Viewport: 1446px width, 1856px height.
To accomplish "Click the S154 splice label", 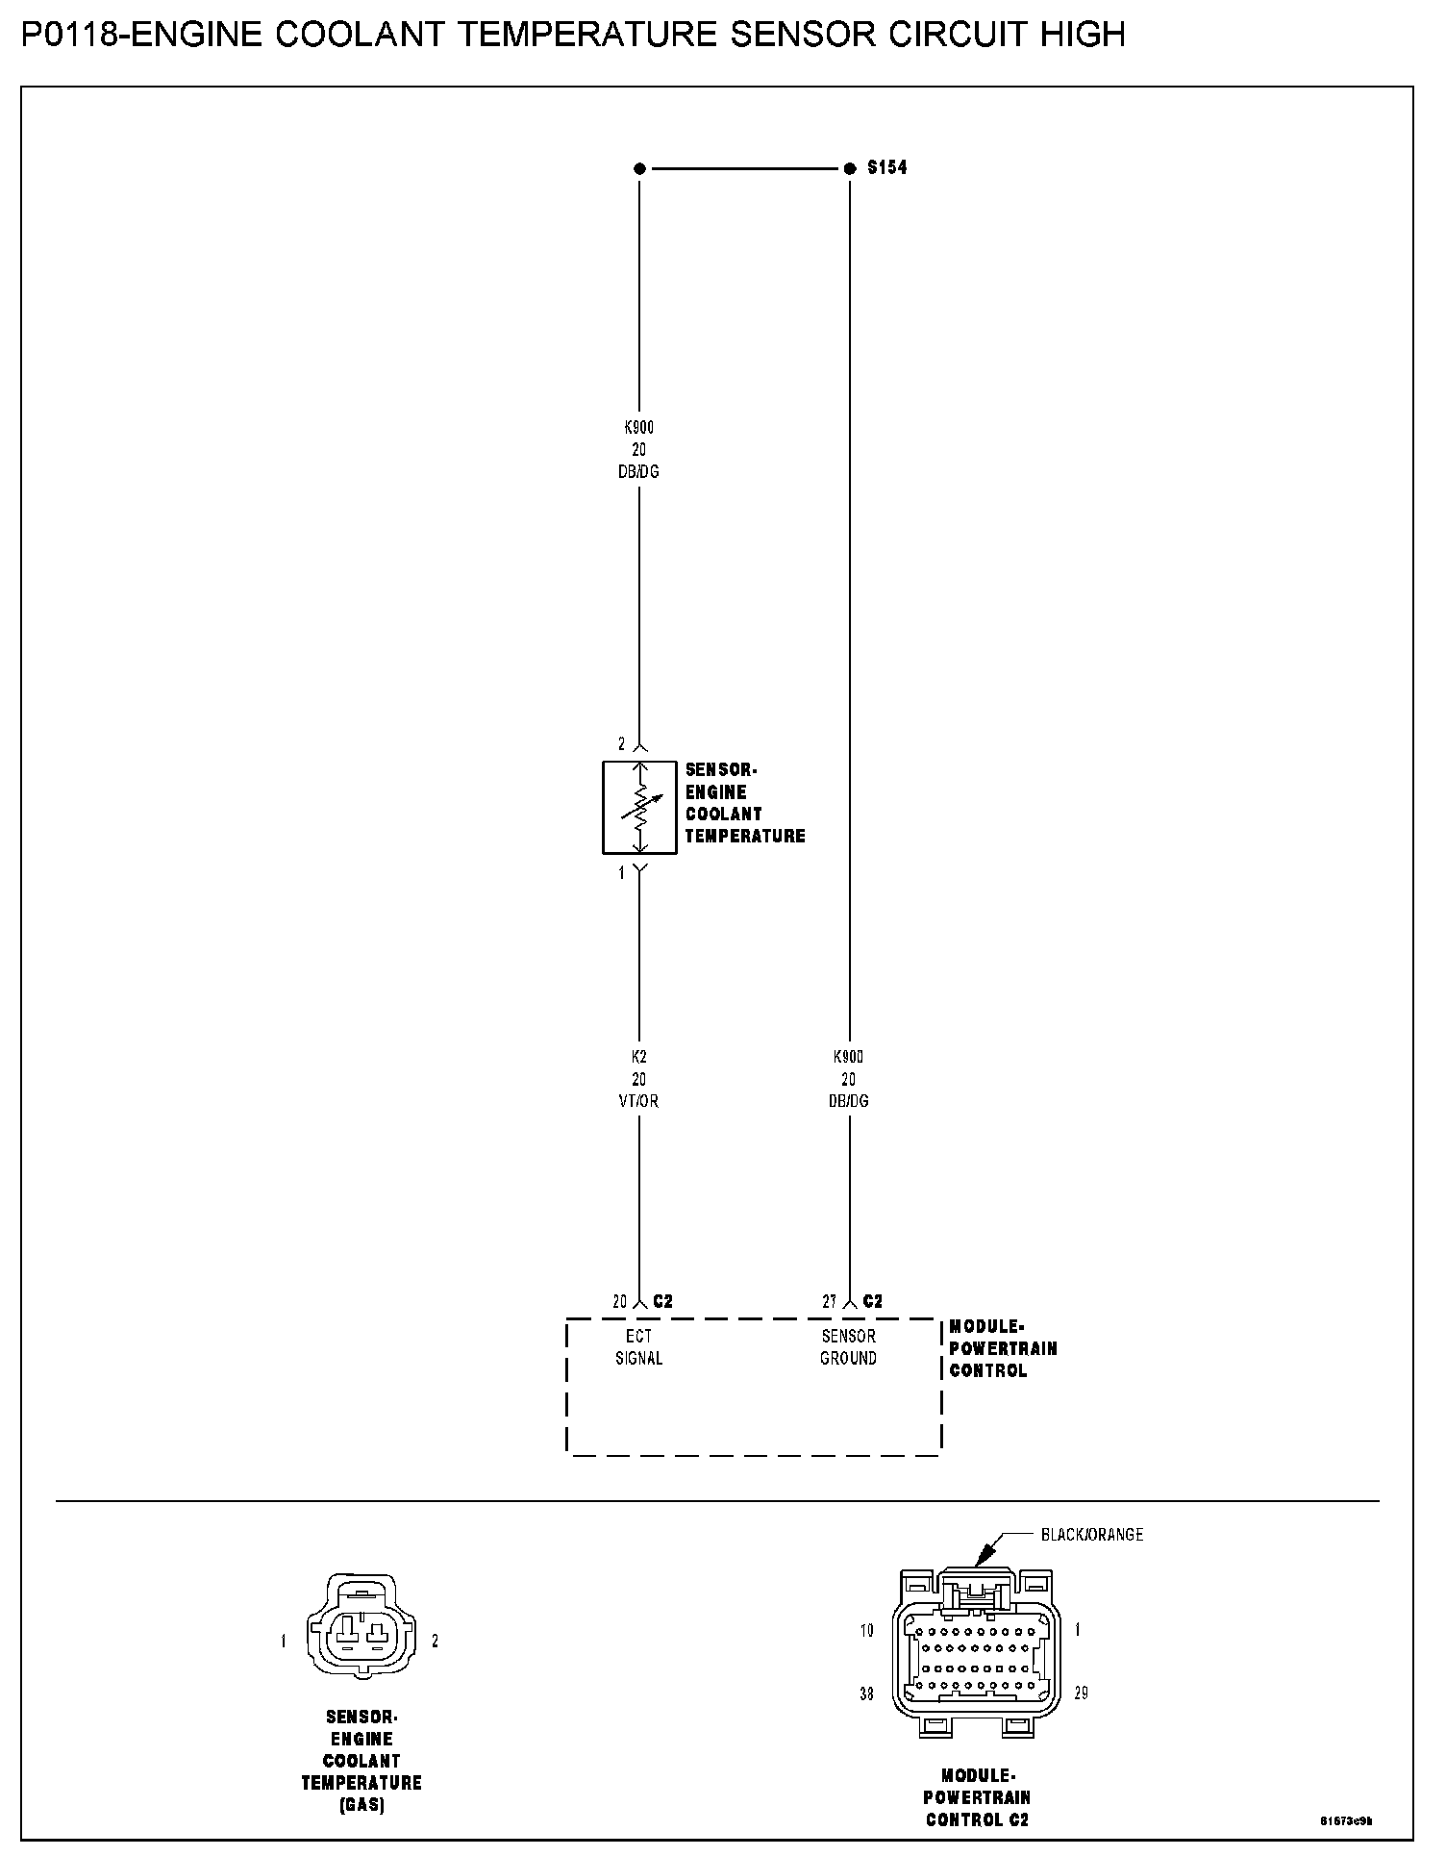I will pos(886,168).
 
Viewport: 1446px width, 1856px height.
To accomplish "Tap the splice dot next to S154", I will pos(849,169).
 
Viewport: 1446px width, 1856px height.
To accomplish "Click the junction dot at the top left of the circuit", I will pos(639,169).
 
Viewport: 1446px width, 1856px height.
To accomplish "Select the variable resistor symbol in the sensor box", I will pos(639,807).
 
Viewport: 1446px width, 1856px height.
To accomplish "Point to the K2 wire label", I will pos(639,1057).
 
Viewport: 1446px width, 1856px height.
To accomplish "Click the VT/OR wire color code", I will pos(639,1101).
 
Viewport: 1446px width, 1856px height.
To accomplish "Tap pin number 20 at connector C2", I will pos(620,1302).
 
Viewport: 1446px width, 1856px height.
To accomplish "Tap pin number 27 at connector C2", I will pos(830,1302).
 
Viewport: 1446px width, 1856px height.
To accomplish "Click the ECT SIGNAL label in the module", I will pos(639,1347).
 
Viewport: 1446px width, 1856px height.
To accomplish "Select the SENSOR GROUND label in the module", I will pos(848,1347).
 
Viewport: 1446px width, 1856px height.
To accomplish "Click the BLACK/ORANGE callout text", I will pos(1092,1535).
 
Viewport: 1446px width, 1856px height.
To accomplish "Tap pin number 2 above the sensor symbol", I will pos(621,744).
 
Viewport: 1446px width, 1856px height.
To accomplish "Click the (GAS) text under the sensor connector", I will pos(361,1806).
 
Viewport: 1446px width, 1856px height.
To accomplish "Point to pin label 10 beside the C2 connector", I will pos(866,1631).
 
